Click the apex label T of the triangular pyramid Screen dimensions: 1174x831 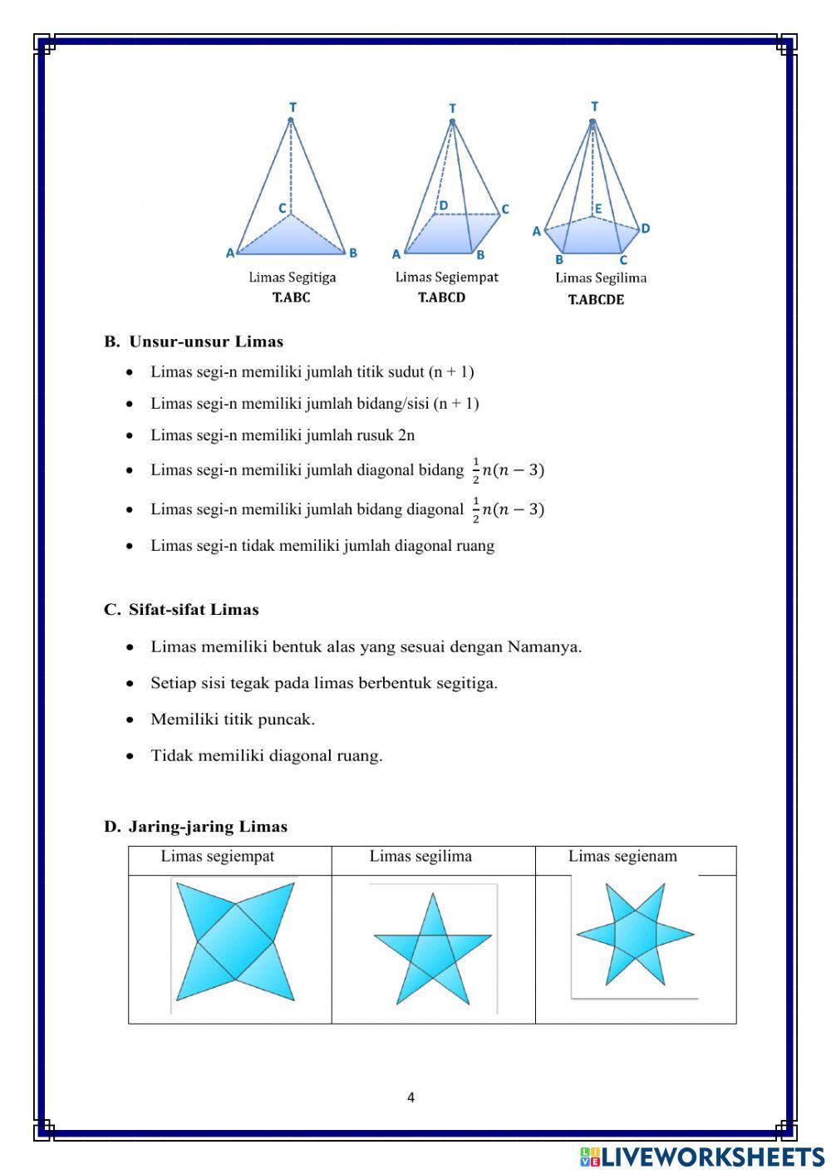[293, 107]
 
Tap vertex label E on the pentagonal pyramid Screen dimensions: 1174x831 [597, 209]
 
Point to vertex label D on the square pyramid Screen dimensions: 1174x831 [443, 205]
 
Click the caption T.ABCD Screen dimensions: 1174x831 [441, 297]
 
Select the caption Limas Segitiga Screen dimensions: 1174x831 [292, 278]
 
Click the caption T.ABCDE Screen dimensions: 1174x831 [596, 300]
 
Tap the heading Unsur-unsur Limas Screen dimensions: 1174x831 [205, 341]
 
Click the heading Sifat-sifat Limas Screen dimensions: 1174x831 [193, 610]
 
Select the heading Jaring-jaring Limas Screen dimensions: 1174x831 [207, 827]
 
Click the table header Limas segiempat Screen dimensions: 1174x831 [218, 857]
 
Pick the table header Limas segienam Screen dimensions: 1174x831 [622, 857]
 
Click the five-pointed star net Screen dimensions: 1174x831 [432, 950]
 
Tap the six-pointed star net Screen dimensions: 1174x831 [636, 936]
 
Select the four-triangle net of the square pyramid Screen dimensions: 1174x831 [235, 942]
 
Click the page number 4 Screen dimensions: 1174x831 [411, 1098]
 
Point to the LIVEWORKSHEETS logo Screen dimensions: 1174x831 [702, 1157]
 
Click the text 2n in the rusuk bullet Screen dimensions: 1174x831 [406, 435]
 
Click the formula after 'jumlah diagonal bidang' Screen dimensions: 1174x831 [508, 470]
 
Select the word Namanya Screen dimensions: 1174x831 [543, 647]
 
